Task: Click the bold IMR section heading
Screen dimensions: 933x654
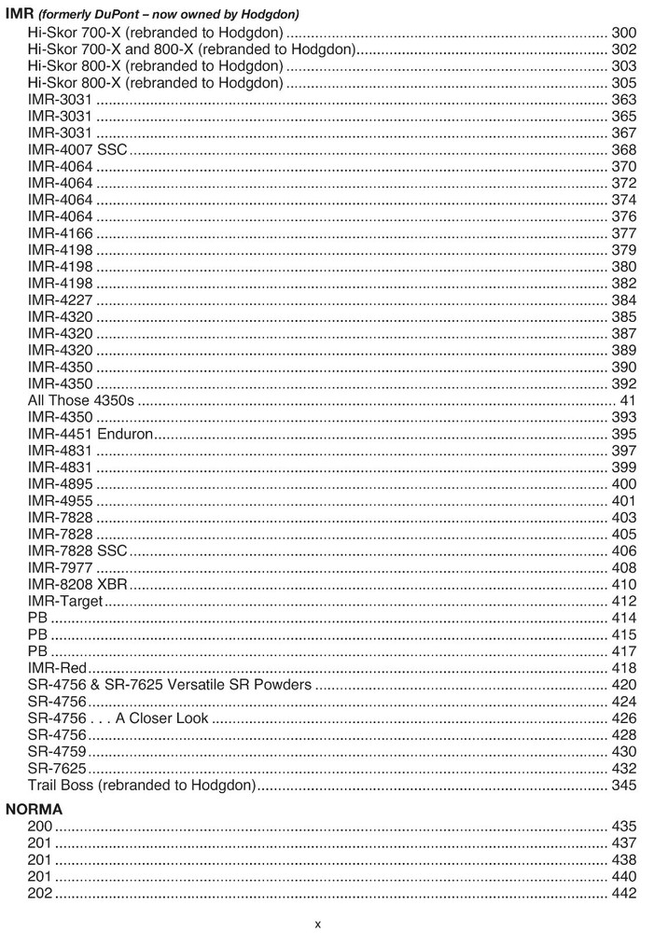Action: [19, 14]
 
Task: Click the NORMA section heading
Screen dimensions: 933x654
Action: [35, 810]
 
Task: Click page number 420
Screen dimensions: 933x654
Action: [623, 685]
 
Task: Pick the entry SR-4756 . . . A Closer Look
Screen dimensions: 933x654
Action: [118, 718]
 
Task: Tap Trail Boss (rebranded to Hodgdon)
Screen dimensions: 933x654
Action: [142, 786]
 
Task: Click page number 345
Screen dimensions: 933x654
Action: [623, 786]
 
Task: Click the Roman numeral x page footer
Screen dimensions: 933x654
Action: [317, 923]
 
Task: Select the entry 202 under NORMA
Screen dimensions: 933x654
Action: [40, 894]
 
